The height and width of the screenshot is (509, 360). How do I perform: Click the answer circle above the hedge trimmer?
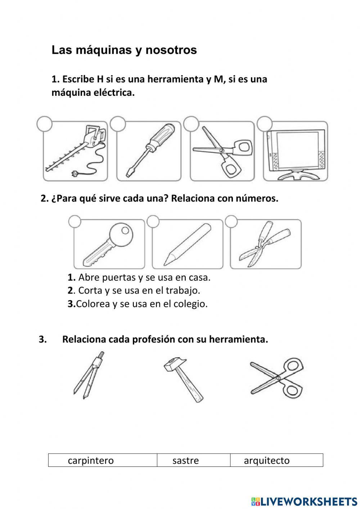(x=45, y=124)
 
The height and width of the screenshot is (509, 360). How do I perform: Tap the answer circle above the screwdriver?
(x=118, y=124)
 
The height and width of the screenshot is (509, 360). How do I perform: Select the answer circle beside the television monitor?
(x=265, y=124)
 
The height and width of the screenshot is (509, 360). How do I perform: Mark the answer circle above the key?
(x=75, y=222)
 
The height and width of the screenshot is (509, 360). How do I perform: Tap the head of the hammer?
(x=175, y=365)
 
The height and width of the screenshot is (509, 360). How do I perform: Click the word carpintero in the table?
(x=90, y=460)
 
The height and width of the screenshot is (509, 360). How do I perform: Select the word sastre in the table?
(x=185, y=460)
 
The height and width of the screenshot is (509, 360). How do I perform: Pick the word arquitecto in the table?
(x=266, y=460)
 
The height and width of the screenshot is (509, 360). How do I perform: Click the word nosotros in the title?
(x=171, y=50)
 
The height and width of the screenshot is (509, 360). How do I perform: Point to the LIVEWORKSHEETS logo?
(x=304, y=501)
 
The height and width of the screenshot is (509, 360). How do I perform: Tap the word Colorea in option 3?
(x=93, y=304)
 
